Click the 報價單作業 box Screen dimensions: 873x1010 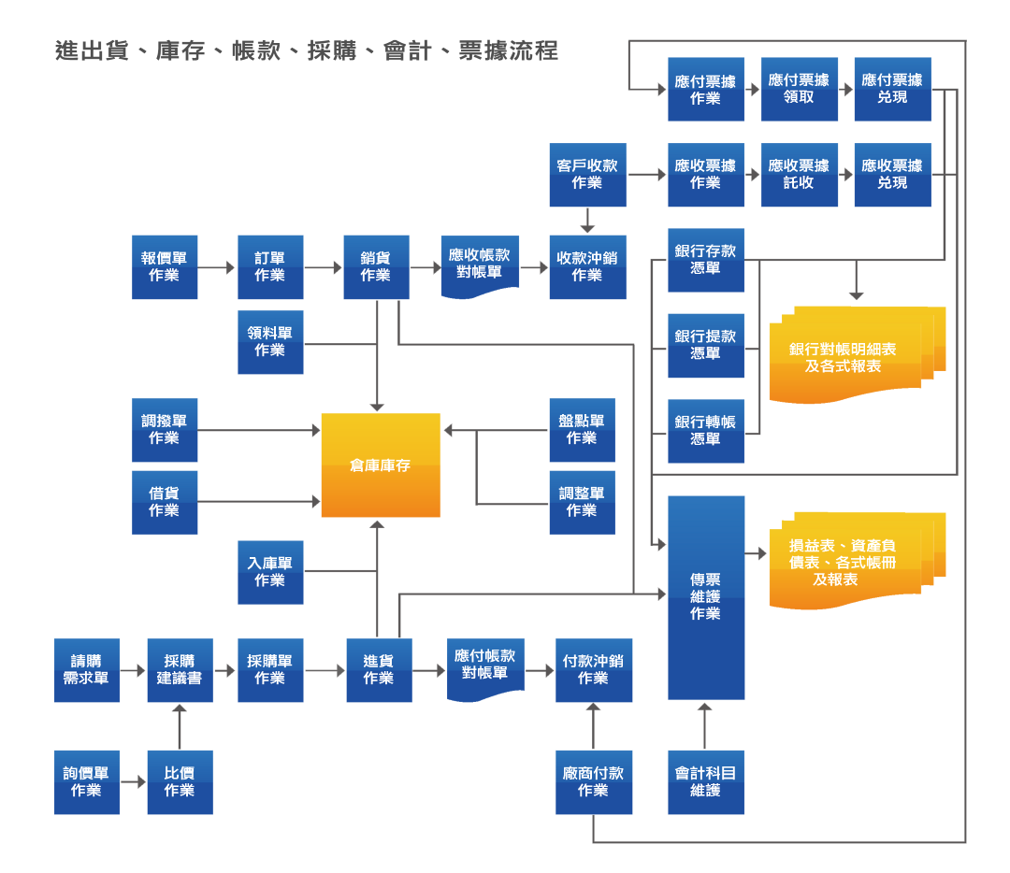(x=165, y=267)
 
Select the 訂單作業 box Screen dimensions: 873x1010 (x=270, y=267)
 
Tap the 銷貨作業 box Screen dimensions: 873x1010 (x=376, y=267)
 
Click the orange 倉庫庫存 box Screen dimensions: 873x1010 (x=381, y=465)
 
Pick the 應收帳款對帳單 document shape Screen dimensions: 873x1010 (x=480, y=265)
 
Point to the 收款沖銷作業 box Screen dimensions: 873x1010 (x=587, y=267)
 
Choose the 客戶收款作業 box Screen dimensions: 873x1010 (x=587, y=175)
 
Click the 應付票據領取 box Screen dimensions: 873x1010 (x=800, y=89)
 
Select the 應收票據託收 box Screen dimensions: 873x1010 (x=800, y=175)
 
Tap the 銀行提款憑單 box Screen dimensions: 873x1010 (x=706, y=346)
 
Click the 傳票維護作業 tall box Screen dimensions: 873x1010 (x=706, y=597)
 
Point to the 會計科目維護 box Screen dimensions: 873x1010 (x=706, y=781)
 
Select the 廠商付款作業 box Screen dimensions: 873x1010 (x=594, y=781)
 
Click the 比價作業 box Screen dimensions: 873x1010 (x=180, y=781)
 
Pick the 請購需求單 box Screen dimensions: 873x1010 (x=86, y=670)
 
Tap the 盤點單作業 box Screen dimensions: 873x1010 (x=582, y=430)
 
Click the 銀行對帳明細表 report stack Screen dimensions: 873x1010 (x=851, y=356)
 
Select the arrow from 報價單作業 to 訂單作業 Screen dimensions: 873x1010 (x=217, y=267)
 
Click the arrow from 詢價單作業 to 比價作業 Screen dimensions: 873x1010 (x=134, y=781)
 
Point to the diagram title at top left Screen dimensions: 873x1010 (x=307, y=51)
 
